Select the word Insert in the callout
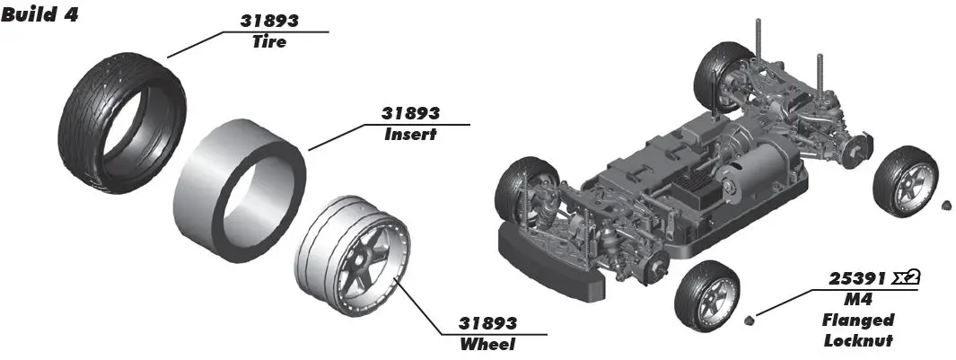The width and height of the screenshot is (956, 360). (x=410, y=135)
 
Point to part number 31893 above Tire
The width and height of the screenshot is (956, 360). (x=270, y=21)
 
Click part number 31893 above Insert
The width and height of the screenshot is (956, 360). (x=410, y=114)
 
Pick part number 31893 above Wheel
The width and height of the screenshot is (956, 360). (x=487, y=323)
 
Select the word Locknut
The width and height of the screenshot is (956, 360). (x=858, y=340)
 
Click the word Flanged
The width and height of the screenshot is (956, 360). (x=858, y=320)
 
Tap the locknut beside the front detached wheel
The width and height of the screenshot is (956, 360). (x=749, y=317)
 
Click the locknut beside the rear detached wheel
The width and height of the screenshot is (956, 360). (x=945, y=206)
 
